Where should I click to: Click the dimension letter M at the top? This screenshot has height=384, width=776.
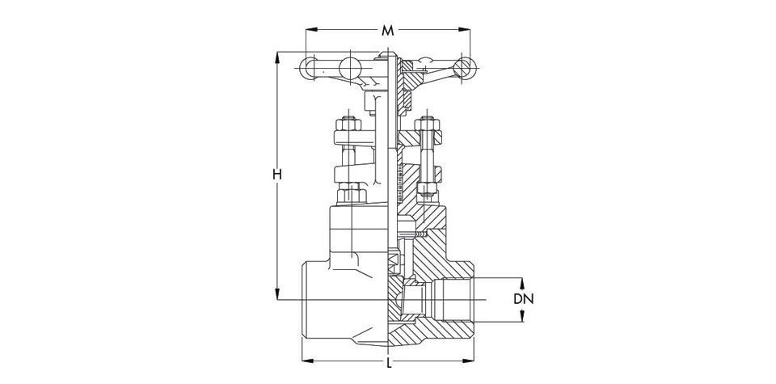[x=387, y=31]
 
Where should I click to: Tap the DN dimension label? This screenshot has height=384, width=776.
[x=524, y=299]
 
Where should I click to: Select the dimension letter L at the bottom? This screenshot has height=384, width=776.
[x=390, y=364]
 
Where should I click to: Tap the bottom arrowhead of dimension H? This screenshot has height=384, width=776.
[x=277, y=294]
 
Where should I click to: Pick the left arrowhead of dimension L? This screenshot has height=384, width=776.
[x=308, y=361]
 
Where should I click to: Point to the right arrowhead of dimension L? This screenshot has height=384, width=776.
[x=468, y=361]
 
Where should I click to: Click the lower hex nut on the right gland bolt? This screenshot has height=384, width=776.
[x=426, y=188]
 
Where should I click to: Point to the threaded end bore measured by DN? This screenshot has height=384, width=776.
[x=458, y=300]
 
